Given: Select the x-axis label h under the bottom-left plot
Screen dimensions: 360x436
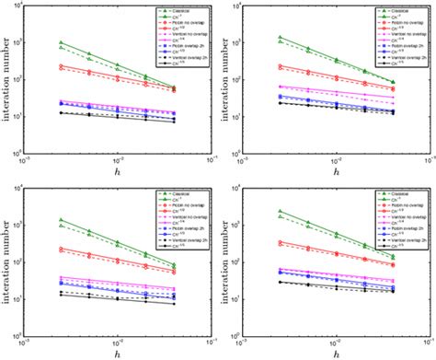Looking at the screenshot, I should tap(120, 354).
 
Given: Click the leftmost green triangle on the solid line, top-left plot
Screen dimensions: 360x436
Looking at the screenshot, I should tap(61, 42).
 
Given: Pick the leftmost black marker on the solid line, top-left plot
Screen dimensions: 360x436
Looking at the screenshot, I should tap(61, 113).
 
